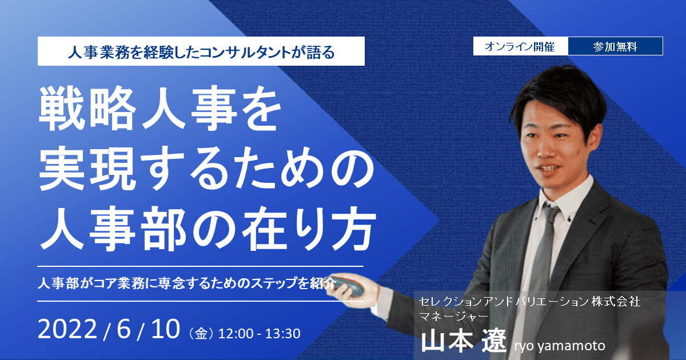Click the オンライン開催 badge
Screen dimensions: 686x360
pos(521,46)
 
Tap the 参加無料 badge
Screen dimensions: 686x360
pos(616,46)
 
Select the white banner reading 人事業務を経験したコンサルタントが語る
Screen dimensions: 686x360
pos(201,51)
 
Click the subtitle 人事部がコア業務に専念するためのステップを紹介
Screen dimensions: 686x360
pos(187,283)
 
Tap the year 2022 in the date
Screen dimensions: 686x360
pos(67,329)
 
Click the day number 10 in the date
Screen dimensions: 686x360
pos(165,329)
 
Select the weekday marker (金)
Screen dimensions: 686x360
pos(201,334)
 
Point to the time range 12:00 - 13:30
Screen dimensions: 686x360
pos(259,334)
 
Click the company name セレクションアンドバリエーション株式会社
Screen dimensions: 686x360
pos(529,302)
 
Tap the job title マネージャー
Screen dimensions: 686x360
pos(453,317)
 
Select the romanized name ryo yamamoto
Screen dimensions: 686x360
pos(560,346)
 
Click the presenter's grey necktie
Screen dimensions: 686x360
pos(541,260)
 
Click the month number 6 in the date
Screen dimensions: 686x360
pos(123,329)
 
